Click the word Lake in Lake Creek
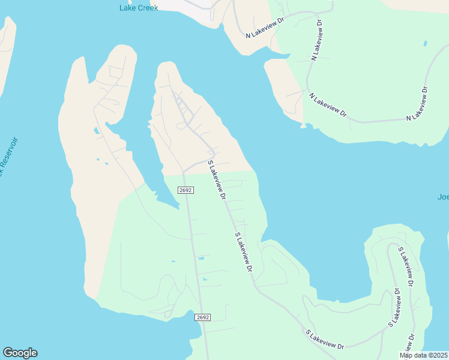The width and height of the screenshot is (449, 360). click(127, 8)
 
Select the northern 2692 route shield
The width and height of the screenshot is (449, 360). click(185, 190)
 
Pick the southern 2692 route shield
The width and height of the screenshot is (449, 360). click(202, 317)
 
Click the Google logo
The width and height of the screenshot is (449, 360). click(20, 353)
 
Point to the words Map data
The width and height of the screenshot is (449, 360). click(413, 355)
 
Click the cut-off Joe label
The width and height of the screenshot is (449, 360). click(443, 197)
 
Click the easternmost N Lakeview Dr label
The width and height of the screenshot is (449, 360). click(417, 104)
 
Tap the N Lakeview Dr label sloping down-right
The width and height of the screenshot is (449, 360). click(328, 104)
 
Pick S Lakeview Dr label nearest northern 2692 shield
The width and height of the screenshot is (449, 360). click(216, 179)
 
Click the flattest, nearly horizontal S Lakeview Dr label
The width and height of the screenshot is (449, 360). click(324, 339)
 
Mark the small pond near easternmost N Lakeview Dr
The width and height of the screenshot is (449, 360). click(426, 44)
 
